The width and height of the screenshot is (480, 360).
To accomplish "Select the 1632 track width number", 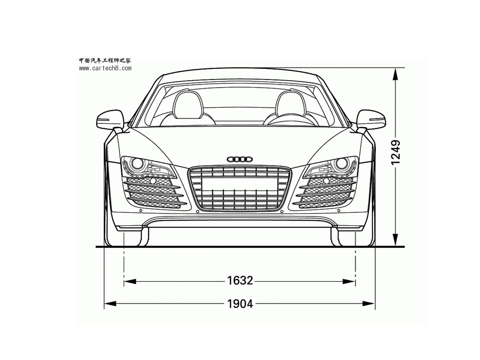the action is [x=240, y=280].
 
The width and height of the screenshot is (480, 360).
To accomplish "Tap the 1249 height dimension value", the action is [x=395, y=152].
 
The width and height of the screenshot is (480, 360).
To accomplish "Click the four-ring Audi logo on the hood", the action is [x=240, y=159].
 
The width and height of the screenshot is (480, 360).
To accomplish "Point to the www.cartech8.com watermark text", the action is [x=105, y=68].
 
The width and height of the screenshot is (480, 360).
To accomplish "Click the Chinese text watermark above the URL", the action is [x=105, y=60].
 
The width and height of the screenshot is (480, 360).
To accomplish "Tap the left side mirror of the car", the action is [x=110, y=119].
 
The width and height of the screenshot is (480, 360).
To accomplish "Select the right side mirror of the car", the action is [x=371, y=119].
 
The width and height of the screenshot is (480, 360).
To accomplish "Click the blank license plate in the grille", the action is [x=240, y=184].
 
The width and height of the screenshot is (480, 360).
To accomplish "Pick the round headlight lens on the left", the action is [x=137, y=163].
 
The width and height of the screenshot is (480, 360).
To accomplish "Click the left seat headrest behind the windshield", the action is [x=188, y=105].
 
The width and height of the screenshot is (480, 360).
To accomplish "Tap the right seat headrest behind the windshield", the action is [x=291, y=105].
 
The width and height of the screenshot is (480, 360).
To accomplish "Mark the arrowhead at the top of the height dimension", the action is [x=395, y=75].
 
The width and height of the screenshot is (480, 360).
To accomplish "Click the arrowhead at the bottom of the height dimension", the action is [x=395, y=239].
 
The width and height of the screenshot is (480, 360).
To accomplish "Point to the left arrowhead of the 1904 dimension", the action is [x=110, y=303].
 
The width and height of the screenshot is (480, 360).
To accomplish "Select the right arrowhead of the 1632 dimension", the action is [x=348, y=281].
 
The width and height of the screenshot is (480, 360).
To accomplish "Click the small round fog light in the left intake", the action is [x=153, y=181].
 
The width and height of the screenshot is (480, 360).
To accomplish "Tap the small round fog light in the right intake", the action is [x=326, y=181].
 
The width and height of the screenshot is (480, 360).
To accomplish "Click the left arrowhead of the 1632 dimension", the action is [x=130, y=281].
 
